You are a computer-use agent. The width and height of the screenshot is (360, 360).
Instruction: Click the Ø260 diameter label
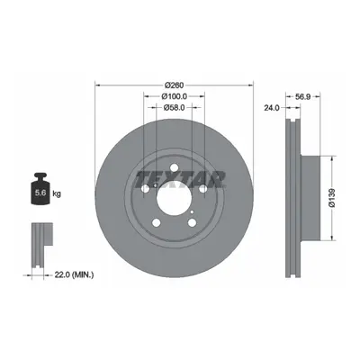pos(174,85)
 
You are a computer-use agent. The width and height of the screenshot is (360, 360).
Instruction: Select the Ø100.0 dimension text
pos(175,96)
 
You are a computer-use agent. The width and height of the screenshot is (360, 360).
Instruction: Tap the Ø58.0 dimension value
pos(175,107)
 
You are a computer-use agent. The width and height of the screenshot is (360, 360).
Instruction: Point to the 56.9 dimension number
pos(302,96)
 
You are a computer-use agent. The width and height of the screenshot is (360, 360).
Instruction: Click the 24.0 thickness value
pos(272,107)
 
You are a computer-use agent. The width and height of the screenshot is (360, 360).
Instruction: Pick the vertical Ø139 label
pos(332,198)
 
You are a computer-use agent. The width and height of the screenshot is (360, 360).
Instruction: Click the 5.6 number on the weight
pos(40,193)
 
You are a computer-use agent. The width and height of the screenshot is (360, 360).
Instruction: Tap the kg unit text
pos(57,193)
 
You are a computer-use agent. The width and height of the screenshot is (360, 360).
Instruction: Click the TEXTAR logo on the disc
pos(180,179)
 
